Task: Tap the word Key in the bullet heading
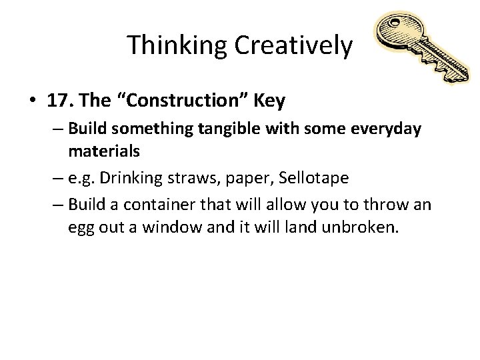271,101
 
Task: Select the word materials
103,151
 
